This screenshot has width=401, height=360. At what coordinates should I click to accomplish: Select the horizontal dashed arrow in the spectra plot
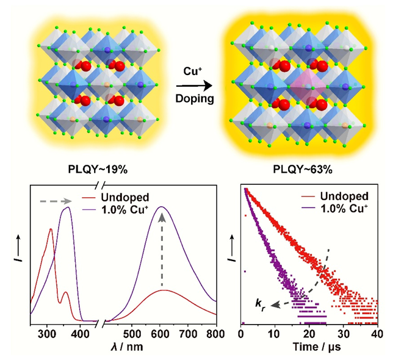coord(60,199)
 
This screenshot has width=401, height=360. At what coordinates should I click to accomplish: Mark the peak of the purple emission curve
coord(162,207)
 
